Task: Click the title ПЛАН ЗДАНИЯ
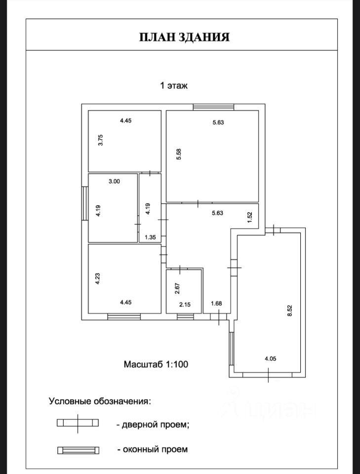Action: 184,38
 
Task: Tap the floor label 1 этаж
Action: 173,85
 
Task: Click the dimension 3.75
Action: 100,141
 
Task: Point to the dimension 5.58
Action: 180,155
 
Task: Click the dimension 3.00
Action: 114,181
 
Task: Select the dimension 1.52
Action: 249,217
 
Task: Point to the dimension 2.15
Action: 185,305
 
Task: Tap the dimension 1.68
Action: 216,304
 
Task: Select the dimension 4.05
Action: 270,359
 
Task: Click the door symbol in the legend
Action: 78,423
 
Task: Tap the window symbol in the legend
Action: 78,450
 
